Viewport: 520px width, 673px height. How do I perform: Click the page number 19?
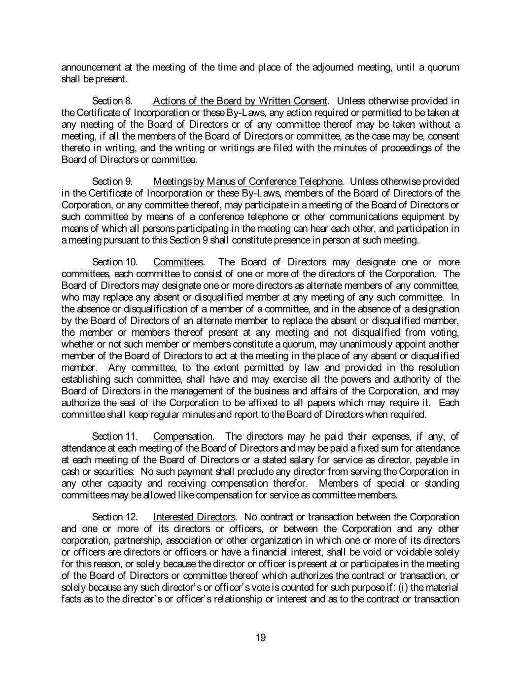pyautogui.click(x=260, y=638)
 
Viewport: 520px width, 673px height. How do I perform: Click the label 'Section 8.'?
pyautogui.click(x=113, y=101)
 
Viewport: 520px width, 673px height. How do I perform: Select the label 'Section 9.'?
pyautogui.click(x=113, y=181)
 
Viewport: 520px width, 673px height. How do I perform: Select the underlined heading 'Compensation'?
pyautogui.click(x=183, y=436)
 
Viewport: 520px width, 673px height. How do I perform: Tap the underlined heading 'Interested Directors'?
pyautogui.click(x=194, y=517)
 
